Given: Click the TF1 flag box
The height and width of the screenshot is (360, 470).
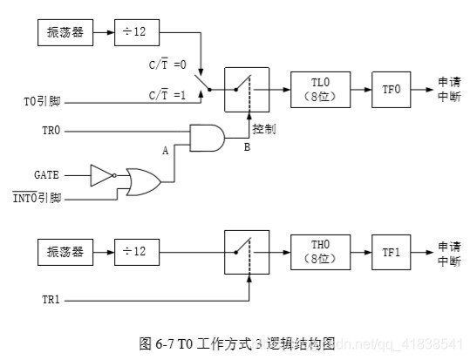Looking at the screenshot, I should click(x=390, y=253).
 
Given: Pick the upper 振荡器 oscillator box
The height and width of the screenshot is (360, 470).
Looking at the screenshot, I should click(x=65, y=33).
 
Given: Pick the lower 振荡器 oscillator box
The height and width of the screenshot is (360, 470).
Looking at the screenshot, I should click(x=65, y=253).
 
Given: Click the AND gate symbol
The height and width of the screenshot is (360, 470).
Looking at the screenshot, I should click(x=207, y=137).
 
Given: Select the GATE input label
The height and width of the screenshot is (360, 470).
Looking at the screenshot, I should click(x=47, y=174).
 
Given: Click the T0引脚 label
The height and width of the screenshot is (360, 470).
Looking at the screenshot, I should click(x=42, y=100).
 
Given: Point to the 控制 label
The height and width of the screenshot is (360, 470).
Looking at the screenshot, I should click(x=265, y=128).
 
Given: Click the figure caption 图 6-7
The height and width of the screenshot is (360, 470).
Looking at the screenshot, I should click(x=236, y=343).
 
